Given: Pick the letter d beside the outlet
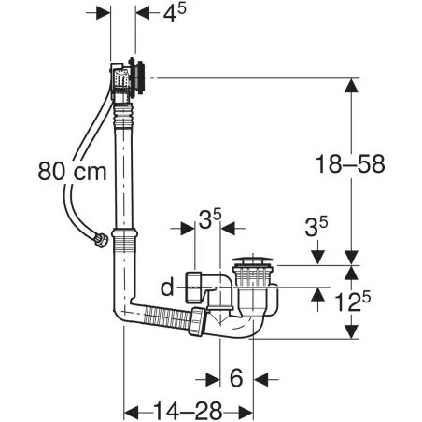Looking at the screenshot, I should point(167,288).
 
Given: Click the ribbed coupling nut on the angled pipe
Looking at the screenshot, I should point(197,319).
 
